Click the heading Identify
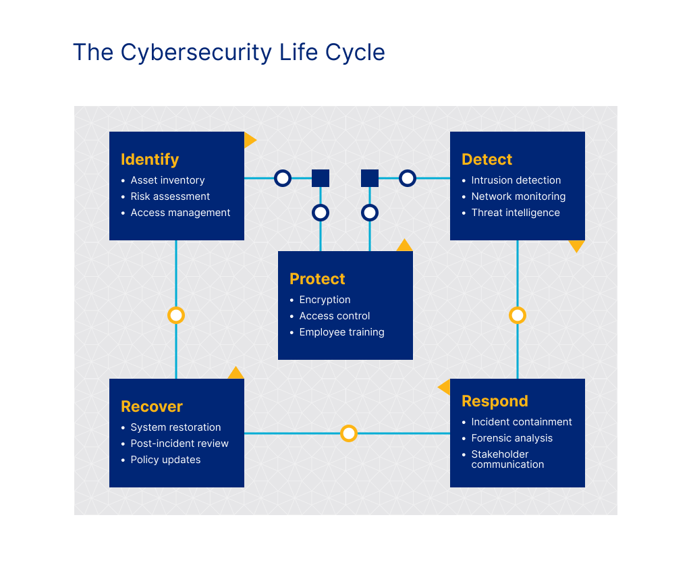point(150,160)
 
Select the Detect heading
point(487,160)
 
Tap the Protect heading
point(317,279)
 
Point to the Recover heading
point(152,407)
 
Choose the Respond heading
point(495,402)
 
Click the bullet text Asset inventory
point(167,180)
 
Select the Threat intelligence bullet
point(516,213)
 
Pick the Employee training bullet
point(341,332)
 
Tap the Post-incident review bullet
point(179,444)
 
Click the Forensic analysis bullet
point(512,438)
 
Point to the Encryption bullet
point(325,300)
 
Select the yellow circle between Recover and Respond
point(348,433)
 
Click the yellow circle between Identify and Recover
point(176,315)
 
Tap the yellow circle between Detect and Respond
point(518,315)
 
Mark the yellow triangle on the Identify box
point(249,140)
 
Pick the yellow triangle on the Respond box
point(445,387)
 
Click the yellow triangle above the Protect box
point(404,246)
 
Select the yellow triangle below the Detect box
point(576,246)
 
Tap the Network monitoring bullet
point(518,196)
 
